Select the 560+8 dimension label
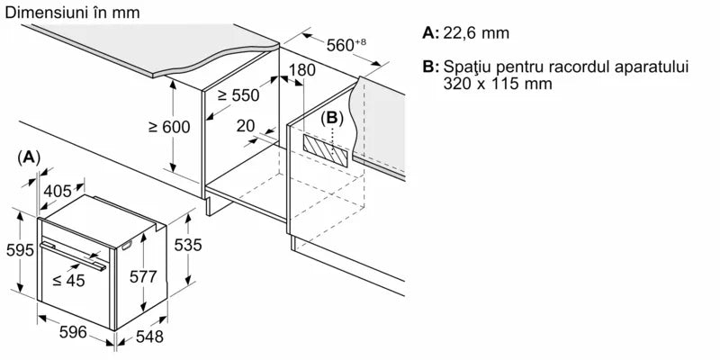coord(346,44)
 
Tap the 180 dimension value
coord(303,70)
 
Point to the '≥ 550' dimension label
coord(238,94)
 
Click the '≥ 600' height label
coord(168,127)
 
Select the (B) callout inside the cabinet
coord(332,118)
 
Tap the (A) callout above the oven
coord(29,157)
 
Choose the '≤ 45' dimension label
coord(70,281)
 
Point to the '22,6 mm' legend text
coord(476,33)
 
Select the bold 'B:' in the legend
coord(430,67)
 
